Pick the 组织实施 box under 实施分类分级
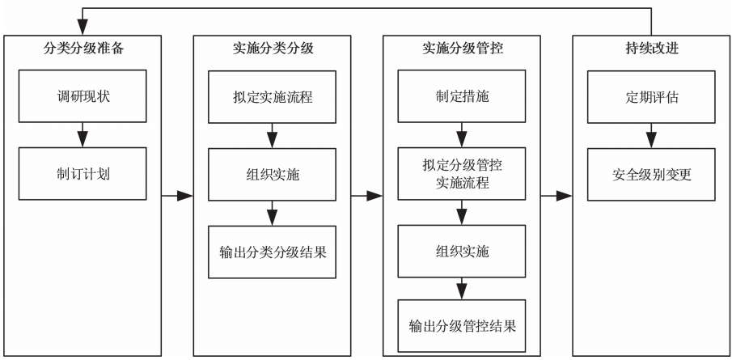click(273, 173)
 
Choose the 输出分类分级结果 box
click(273, 251)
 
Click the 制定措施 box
click(462, 96)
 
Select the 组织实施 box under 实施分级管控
click(462, 251)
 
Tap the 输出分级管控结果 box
click(462, 327)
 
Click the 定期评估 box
click(652, 96)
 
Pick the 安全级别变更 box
click(652, 173)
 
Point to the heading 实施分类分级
click(273, 49)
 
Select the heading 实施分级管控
click(462, 49)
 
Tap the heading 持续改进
click(652, 49)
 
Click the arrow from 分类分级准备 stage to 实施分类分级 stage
click(177, 196)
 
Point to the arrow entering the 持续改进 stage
click(556, 196)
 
